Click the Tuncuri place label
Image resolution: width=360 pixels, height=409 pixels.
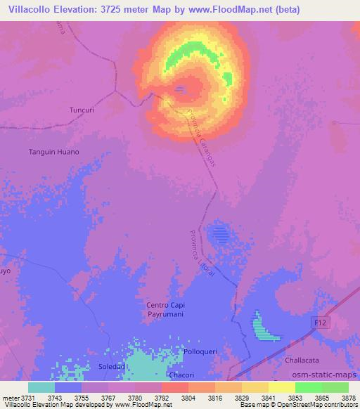point(82,110)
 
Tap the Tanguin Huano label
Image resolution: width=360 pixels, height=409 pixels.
point(53,152)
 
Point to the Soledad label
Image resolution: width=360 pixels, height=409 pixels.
point(112,366)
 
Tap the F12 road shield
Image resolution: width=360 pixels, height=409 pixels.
point(319,320)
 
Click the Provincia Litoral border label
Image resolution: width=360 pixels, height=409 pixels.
point(202,254)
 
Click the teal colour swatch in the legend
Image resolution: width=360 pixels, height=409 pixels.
point(41,387)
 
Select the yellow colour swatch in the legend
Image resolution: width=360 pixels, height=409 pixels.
point(281,387)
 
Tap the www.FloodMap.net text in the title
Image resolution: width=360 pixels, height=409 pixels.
point(229,10)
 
